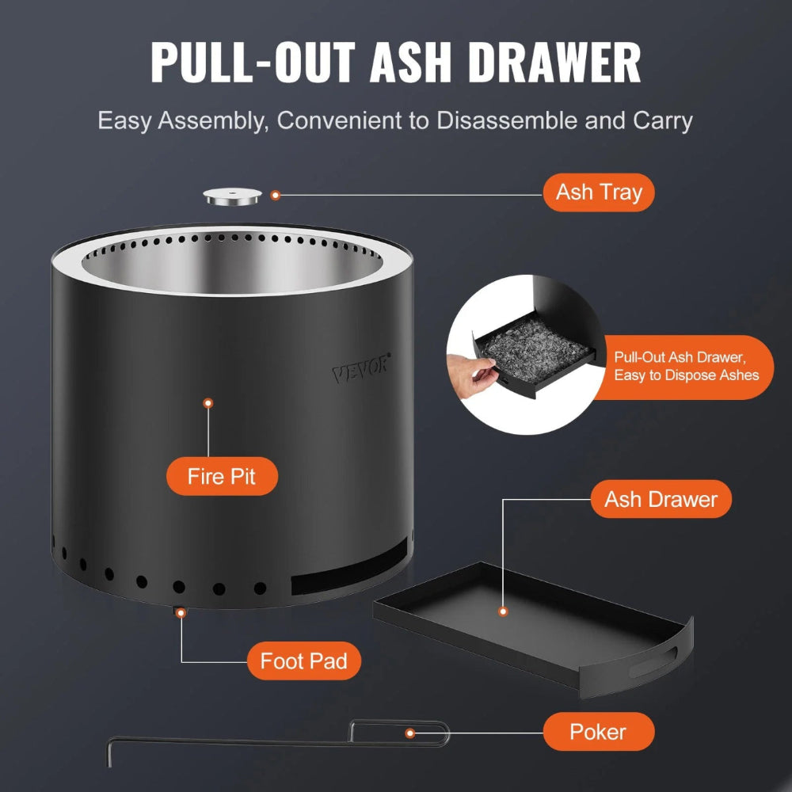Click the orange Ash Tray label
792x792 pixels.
599,192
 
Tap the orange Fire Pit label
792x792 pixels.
222,478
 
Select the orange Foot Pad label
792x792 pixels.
304,661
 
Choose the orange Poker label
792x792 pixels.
598,731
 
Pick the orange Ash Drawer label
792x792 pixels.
661,499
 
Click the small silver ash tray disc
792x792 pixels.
234,196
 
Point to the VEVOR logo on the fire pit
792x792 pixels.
360,366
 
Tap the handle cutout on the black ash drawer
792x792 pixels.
661,657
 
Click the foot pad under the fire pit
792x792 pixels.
181,612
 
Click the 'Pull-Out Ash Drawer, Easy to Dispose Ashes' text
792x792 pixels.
687,367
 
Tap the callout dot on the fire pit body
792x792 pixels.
208,403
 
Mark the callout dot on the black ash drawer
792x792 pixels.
502,611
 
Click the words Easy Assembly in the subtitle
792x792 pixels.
183,121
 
